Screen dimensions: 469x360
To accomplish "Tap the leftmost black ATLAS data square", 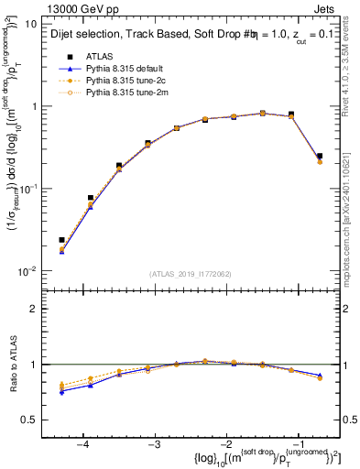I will tap(61, 240).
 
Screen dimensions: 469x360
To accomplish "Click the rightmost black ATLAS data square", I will tap(319, 156).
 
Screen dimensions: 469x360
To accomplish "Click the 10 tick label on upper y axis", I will tap(30, 24).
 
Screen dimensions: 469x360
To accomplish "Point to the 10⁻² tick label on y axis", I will tap(28, 271).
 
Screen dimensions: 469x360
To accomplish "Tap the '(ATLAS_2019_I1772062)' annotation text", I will tap(191, 274).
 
